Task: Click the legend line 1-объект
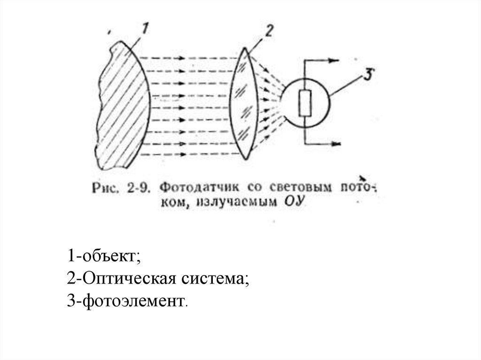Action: [104, 256]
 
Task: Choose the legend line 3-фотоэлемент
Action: [127, 300]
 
